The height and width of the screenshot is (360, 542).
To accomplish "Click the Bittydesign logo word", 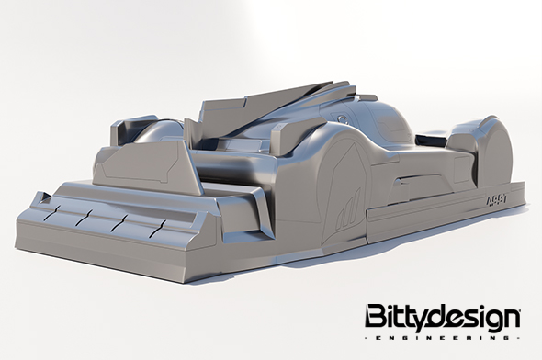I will (443, 317).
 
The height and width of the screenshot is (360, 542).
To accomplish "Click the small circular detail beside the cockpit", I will (344, 117).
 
